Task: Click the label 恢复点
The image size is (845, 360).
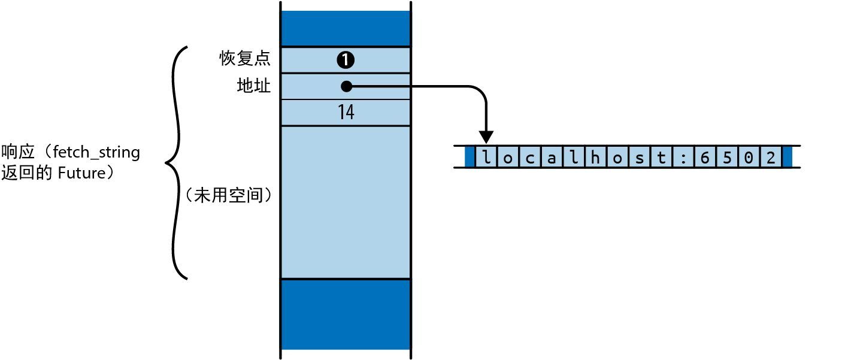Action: click(245, 59)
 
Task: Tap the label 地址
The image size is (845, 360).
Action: click(254, 86)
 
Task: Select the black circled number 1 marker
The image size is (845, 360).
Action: click(346, 60)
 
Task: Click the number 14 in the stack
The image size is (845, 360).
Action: click(346, 113)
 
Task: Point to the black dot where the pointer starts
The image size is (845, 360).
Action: click(346, 87)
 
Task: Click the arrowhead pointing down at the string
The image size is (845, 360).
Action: click(486, 138)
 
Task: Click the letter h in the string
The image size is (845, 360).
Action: click(596, 158)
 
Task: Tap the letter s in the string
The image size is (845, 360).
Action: click(640, 158)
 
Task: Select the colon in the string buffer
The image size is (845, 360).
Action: click(683, 158)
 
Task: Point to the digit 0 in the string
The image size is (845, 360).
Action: click(749, 158)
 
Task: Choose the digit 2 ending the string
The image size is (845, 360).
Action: click(770, 158)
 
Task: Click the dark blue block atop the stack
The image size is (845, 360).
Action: click(346, 28)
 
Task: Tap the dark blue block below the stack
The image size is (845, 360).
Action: click(346, 314)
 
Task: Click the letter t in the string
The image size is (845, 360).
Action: click(662, 158)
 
